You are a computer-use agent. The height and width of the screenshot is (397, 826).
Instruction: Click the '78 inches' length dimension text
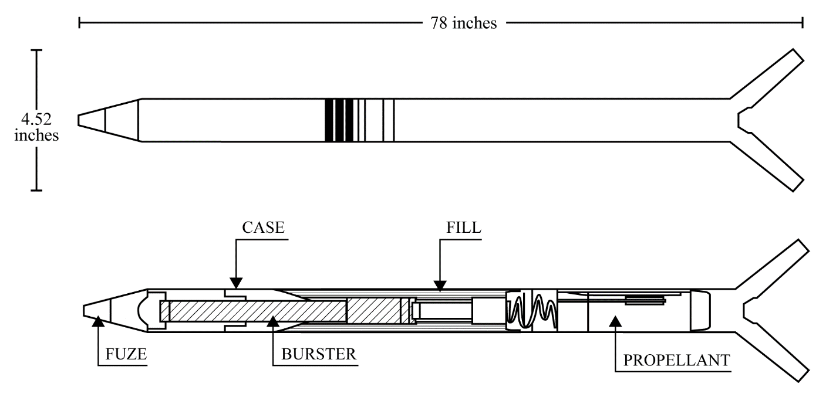coord(464,23)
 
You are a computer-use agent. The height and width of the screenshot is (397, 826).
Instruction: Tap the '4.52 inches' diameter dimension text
coord(36,127)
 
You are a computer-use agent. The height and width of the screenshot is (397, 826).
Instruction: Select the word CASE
coord(263,228)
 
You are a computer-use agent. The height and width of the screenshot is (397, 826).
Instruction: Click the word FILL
coord(464,228)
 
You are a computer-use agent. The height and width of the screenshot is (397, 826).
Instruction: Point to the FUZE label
coord(126,354)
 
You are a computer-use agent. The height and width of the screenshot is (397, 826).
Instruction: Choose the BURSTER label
coord(319,354)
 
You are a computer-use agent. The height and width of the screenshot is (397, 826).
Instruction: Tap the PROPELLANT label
coord(677,360)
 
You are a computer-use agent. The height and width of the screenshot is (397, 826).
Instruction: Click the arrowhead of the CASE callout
coord(236,283)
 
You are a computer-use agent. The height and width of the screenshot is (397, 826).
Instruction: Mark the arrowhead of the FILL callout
coord(440,286)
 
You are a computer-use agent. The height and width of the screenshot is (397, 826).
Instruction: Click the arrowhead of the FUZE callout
coord(98,321)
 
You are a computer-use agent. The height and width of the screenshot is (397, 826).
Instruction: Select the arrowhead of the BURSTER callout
coord(273,321)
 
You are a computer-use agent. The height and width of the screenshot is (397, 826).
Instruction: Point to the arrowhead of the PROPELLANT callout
coord(615,321)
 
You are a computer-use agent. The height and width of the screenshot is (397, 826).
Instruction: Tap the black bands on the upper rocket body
coord(340,120)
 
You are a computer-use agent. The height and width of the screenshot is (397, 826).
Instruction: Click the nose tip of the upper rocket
coord(79,120)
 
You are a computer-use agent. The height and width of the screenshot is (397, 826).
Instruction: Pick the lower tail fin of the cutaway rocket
coord(773,357)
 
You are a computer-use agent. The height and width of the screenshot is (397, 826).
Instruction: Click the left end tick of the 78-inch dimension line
coord(79,23)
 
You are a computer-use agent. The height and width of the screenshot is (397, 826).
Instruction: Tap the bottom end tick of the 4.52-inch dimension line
coord(36,191)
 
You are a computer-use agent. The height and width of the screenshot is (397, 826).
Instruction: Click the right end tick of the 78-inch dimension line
coord(803,23)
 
